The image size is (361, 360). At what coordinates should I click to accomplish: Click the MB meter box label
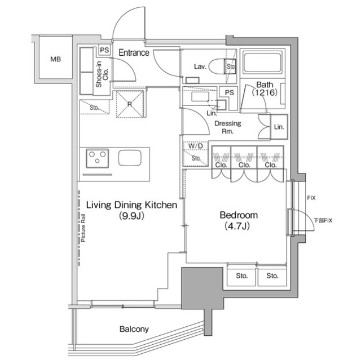(x=55, y=59)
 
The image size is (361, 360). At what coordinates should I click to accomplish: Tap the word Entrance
(x=134, y=53)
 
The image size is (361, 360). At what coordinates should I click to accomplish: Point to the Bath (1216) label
(x=264, y=88)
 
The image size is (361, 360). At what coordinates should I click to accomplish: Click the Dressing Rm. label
(x=227, y=127)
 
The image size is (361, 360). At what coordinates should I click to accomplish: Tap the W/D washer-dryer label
(x=195, y=146)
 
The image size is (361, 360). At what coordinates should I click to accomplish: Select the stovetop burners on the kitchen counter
(x=97, y=158)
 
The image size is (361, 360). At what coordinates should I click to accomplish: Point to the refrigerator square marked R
(x=130, y=104)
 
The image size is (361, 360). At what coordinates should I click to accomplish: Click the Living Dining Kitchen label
(x=131, y=206)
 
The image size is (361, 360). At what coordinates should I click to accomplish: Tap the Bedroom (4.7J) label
(x=238, y=220)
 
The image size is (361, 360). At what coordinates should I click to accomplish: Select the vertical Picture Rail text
(x=83, y=228)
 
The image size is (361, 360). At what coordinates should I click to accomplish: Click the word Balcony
(x=134, y=329)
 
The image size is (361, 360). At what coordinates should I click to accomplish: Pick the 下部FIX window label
(x=324, y=220)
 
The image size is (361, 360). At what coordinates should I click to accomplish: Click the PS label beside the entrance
(x=104, y=50)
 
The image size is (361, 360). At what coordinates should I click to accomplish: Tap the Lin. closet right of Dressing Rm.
(x=279, y=127)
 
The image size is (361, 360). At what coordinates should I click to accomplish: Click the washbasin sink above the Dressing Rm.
(x=200, y=96)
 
